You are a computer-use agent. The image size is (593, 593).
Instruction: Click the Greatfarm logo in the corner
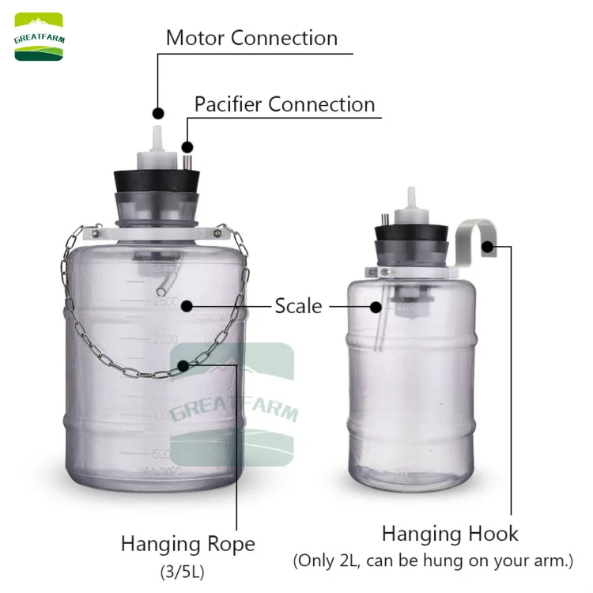click(x=39, y=37)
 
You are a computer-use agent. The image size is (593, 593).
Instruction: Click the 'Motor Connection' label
click(x=251, y=38)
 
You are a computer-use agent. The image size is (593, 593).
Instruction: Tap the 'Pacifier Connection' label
click(x=285, y=104)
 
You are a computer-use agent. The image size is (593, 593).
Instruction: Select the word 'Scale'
click(x=298, y=306)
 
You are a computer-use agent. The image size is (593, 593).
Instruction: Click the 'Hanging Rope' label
click(x=187, y=544)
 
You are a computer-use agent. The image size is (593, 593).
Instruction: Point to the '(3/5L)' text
click(x=187, y=569)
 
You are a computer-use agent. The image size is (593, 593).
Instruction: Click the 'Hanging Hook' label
click(x=450, y=534)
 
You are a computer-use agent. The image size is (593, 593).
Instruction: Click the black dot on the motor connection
click(x=157, y=113)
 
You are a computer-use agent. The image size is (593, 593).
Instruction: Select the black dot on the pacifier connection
click(x=187, y=146)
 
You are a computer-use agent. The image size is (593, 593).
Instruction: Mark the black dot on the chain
click(x=183, y=364)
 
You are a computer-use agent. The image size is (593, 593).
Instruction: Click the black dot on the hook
click(x=488, y=246)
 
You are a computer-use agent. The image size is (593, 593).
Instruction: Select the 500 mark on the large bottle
click(x=161, y=455)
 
